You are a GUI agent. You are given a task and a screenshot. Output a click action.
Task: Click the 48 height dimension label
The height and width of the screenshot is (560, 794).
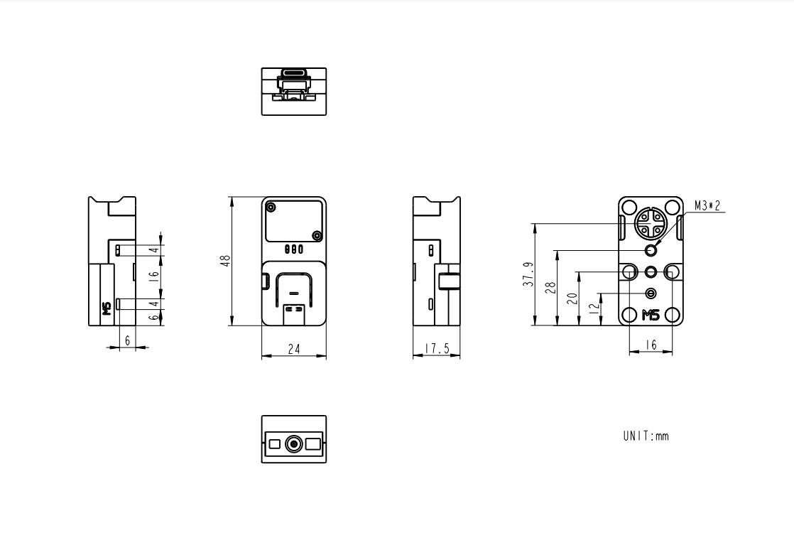[225, 261]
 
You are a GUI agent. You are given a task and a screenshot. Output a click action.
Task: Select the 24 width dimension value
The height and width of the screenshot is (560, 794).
[294, 349]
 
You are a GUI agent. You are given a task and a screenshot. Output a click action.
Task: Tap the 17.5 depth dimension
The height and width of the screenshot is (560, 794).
[437, 349]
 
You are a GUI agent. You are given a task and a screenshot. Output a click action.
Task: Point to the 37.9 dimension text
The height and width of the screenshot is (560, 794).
[528, 274]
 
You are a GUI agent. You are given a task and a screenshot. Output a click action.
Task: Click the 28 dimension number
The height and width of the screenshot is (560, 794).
[550, 287]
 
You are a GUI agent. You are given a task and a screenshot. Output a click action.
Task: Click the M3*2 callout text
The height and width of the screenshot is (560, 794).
[707, 206]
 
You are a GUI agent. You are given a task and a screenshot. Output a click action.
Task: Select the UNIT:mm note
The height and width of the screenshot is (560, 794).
[646, 436]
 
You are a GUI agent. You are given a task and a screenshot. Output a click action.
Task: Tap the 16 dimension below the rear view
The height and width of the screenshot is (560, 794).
[651, 345]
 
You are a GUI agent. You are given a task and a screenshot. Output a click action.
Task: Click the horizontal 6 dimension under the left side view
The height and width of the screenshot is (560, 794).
[128, 341]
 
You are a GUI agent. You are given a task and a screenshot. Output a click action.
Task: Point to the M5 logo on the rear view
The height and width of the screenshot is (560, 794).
[651, 316]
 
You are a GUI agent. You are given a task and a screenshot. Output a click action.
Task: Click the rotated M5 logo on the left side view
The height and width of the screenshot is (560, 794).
[107, 308]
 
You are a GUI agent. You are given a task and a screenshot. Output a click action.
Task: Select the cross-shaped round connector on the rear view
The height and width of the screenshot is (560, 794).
[651, 222]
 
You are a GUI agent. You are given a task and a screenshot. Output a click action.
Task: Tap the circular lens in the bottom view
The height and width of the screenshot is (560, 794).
[294, 444]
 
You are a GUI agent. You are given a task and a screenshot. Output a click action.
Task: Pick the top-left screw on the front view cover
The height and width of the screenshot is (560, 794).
[271, 208]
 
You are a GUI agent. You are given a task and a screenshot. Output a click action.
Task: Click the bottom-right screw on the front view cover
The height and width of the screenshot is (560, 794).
[317, 236]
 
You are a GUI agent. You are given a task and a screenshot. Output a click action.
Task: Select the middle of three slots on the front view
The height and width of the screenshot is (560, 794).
[294, 249]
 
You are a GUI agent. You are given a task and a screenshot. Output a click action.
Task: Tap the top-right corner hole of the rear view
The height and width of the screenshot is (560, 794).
[671, 208]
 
